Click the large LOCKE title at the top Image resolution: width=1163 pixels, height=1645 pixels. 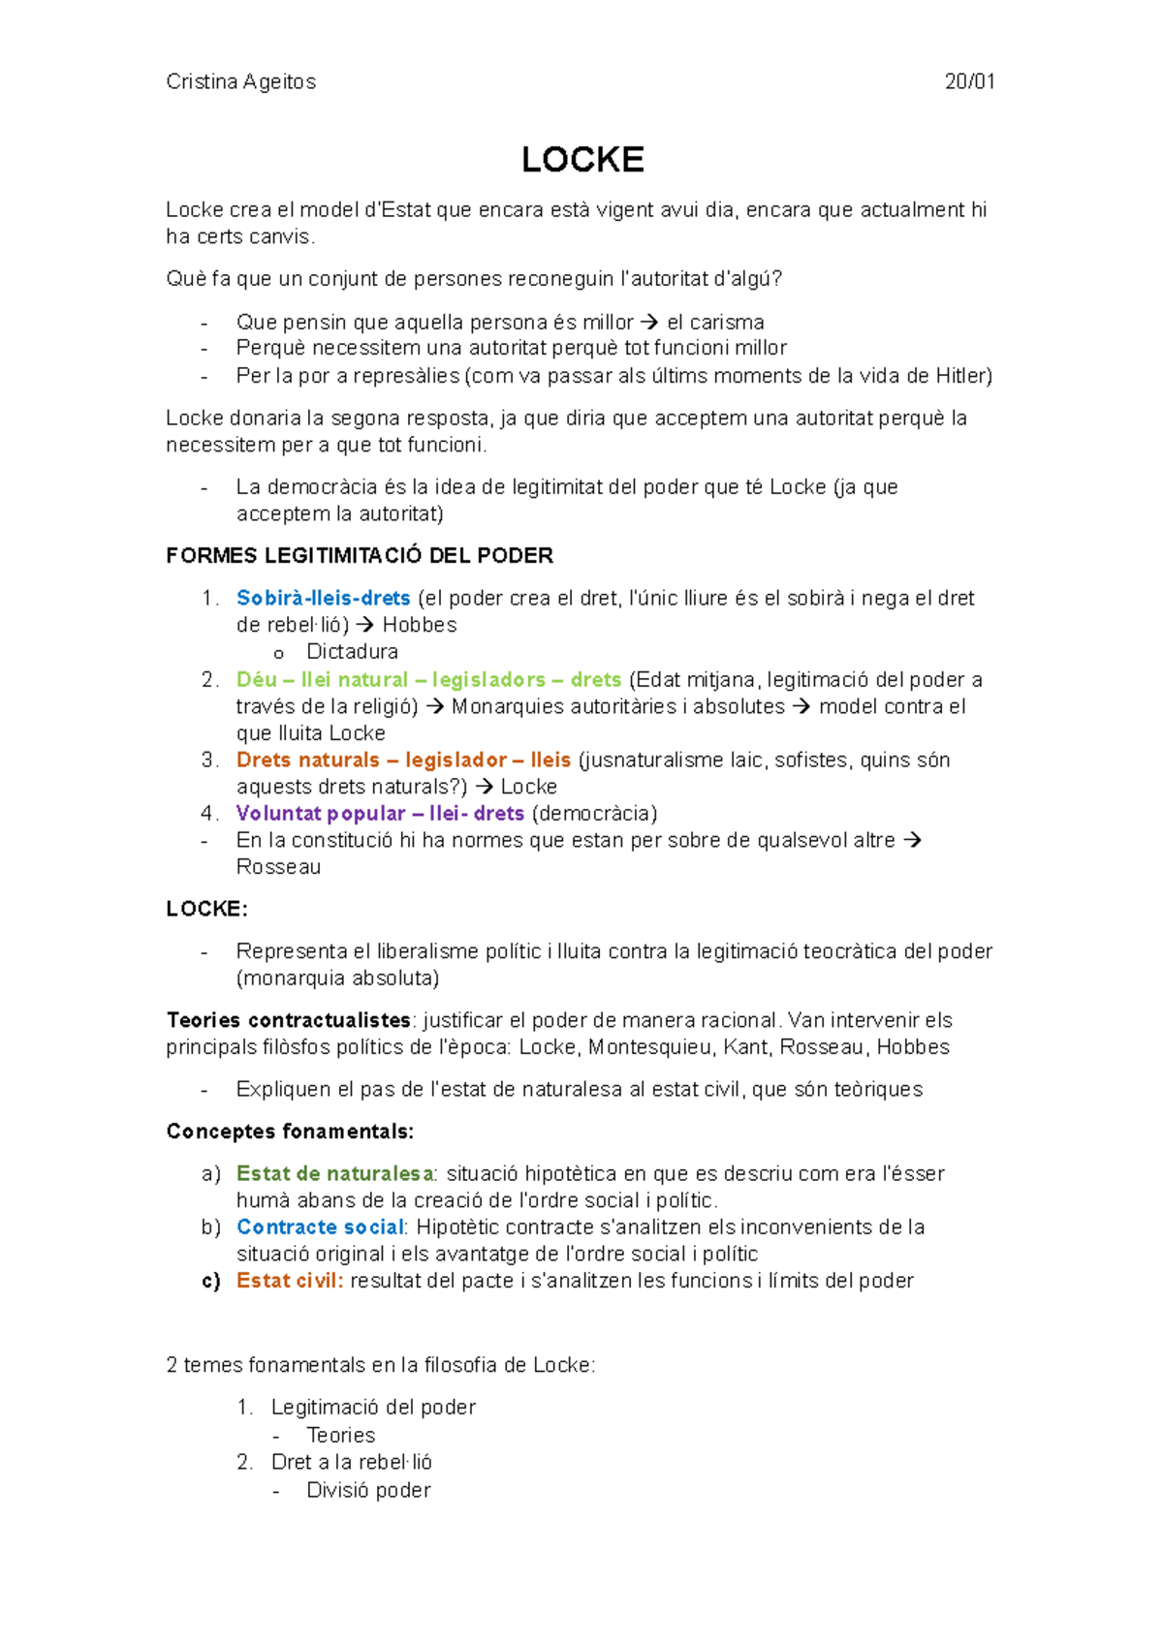pyautogui.click(x=582, y=160)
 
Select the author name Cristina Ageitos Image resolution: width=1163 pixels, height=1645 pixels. pyautogui.click(x=240, y=82)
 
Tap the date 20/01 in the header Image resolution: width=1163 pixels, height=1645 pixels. pyautogui.click(x=969, y=82)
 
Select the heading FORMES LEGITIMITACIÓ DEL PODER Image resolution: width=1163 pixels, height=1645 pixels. pyautogui.click(x=360, y=556)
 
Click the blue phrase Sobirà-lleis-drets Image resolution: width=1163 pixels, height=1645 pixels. pyautogui.click(x=323, y=599)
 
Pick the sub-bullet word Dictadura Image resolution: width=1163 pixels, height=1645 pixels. pyautogui.click(x=352, y=652)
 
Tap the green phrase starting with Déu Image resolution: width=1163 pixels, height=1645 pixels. pyautogui.click(x=428, y=680)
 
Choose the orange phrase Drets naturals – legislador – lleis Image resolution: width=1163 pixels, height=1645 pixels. pyautogui.click(x=403, y=760)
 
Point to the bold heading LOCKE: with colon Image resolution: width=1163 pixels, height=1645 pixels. pyautogui.click(x=206, y=909)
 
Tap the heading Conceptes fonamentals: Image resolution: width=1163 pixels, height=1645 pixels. pyautogui.click(x=290, y=1132)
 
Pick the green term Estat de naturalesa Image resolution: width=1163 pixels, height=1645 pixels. pyautogui.click(x=334, y=1174)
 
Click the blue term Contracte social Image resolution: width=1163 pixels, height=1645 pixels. pyautogui.click(x=319, y=1227)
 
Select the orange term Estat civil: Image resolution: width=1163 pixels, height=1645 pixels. pyautogui.click(x=290, y=1281)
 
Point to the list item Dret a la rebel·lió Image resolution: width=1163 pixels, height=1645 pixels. pyautogui.click(x=351, y=1462)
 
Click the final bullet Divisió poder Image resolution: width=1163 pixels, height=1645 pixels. pyautogui.click(x=368, y=1490)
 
